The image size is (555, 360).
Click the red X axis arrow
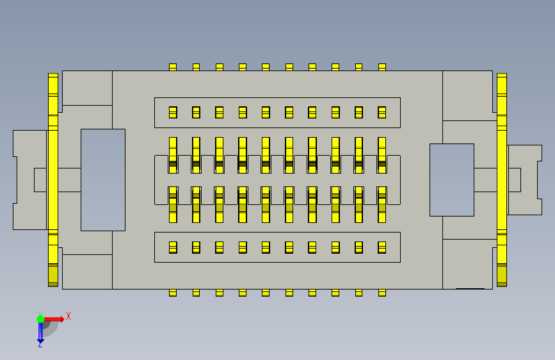(x=56, y=318)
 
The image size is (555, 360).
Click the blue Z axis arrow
(x=40, y=332)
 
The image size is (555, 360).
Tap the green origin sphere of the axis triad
(x=40, y=319)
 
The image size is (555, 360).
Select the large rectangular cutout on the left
(x=102, y=179)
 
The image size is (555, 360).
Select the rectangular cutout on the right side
(x=451, y=179)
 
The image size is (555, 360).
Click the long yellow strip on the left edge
(x=52, y=179)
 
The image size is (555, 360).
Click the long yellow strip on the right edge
(x=502, y=179)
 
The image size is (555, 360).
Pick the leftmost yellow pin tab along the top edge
(x=173, y=67)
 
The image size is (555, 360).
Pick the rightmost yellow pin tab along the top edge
(x=382, y=67)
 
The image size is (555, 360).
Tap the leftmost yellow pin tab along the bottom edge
(x=173, y=293)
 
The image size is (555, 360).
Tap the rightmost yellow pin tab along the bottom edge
(x=382, y=293)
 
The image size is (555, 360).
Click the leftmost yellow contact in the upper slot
(x=173, y=112)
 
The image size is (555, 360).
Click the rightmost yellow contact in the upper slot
(x=382, y=112)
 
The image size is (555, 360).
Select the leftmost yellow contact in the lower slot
(x=173, y=247)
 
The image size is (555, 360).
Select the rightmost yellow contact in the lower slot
(x=382, y=247)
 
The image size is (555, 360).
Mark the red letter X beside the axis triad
(x=68, y=316)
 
